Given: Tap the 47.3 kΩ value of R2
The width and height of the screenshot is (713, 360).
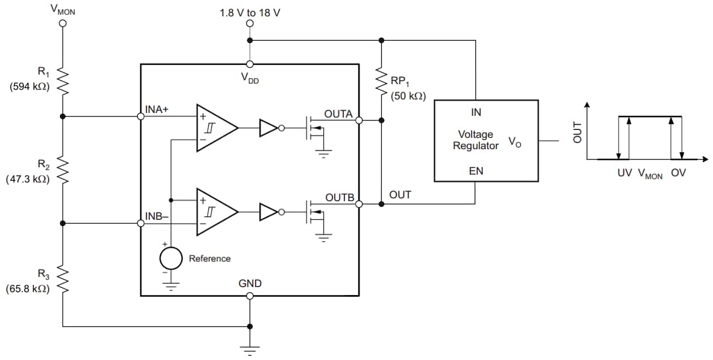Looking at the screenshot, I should point(27,179).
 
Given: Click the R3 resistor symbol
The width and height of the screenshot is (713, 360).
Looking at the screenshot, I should point(63,280).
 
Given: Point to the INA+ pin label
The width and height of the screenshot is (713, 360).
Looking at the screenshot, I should point(157,110).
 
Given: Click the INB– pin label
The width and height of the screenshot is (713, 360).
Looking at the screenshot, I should point(157,216).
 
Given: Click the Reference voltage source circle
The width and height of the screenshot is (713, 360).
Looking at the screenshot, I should point(170,259).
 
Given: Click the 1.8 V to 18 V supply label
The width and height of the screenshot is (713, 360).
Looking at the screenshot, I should point(249,12).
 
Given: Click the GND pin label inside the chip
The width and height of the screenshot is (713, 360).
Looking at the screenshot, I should point(249,284).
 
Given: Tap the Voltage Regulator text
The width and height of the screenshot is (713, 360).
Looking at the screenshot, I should point(476,140).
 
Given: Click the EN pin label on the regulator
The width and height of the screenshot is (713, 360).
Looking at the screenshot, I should point(476,171).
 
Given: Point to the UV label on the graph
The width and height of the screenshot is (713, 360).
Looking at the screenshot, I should point(624,174).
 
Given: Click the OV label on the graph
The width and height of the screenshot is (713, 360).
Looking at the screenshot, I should point(678,174).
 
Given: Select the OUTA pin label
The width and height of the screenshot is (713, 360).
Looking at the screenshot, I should point(338,114).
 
